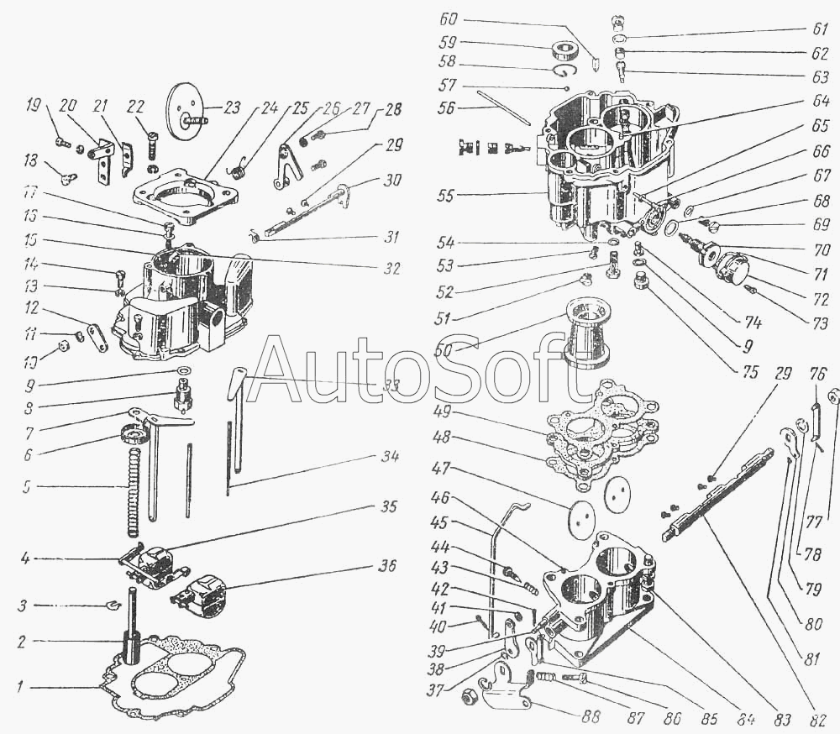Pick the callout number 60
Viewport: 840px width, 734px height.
click(449, 18)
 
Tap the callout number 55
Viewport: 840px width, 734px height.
click(448, 195)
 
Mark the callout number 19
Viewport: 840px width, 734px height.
click(33, 106)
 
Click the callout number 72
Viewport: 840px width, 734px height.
click(821, 298)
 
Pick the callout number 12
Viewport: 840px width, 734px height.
click(32, 307)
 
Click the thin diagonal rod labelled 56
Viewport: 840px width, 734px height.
click(504, 107)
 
